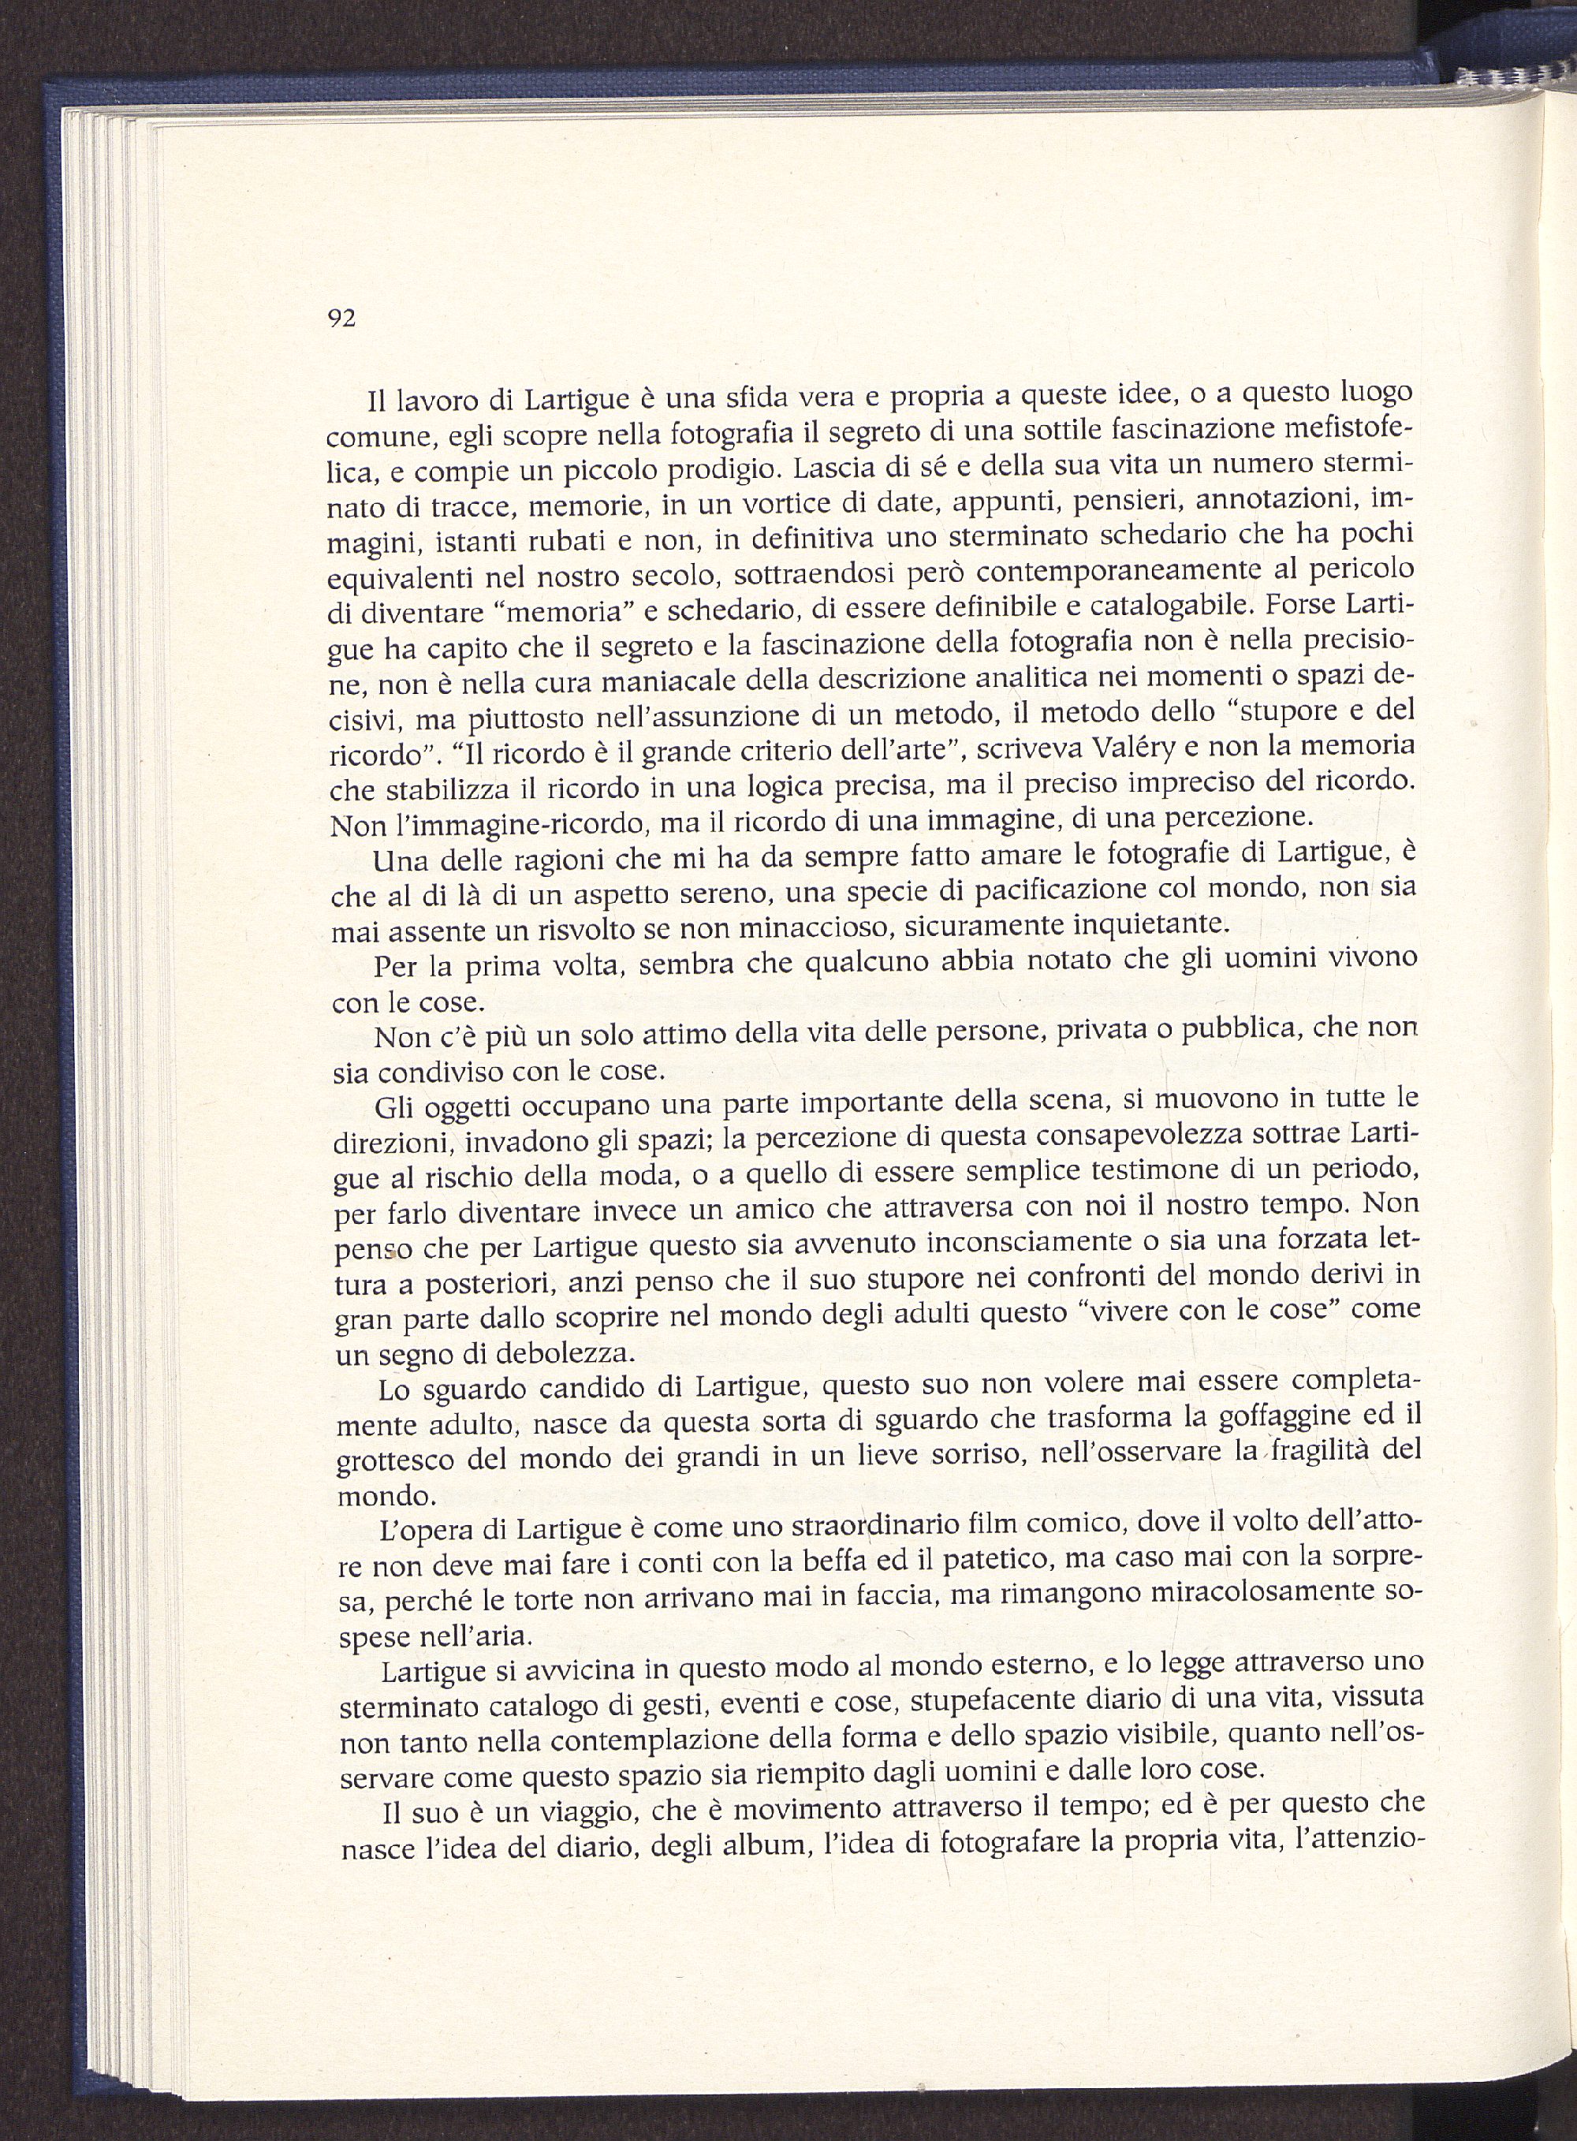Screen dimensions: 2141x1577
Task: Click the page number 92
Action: click(341, 319)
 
